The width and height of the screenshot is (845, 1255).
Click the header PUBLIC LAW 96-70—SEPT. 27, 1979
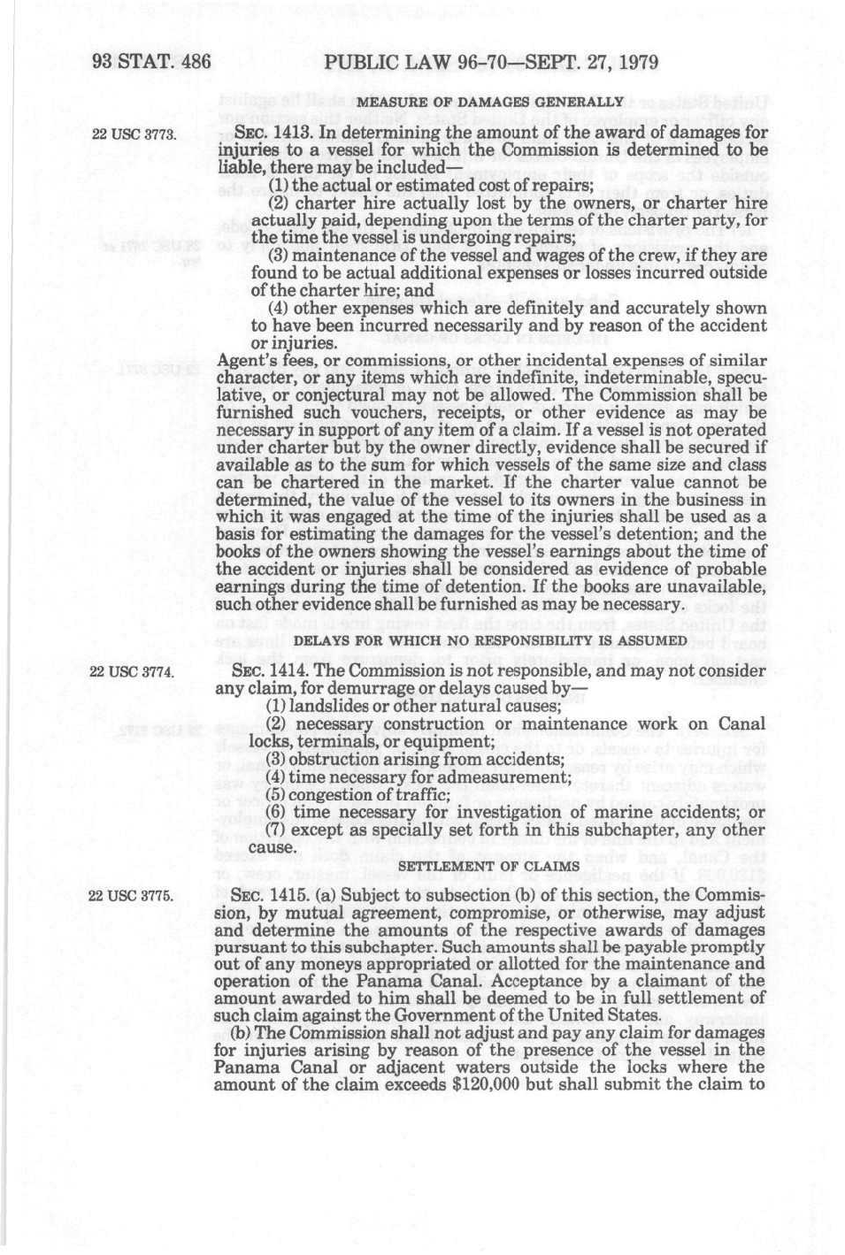pyautogui.click(x=491, y=63)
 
